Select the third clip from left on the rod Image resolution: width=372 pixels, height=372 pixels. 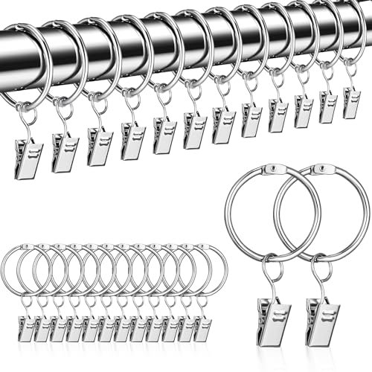pos(98,145)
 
